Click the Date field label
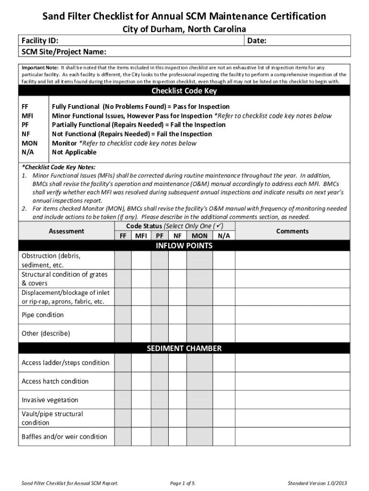(257, 41)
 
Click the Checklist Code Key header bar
(184, 91)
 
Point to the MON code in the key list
(30, 143)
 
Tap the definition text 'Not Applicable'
(74, 152)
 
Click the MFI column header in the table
(141, 236)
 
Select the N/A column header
(224, 236)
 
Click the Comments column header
(292, 231)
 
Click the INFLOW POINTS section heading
(184, 246)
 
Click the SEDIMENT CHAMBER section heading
(184, 349)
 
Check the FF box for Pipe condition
(123, 315)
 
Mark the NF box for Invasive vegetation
(177, 400)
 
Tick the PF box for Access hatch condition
(159, 382)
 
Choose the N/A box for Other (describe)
(224, 333)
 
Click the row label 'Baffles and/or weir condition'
(64, 437)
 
